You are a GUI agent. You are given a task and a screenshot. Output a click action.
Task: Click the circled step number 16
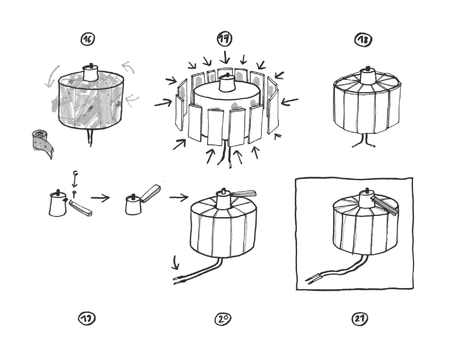tap(87, 39)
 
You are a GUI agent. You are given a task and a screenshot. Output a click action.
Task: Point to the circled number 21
tap(359, 319)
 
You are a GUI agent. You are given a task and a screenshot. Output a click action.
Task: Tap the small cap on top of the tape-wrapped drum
tap(90, 72)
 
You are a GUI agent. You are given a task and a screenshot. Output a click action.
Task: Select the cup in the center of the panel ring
tap(228, 83)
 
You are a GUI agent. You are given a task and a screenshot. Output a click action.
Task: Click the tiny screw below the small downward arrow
tap(74, 193)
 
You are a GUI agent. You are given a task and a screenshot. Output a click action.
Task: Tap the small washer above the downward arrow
tap(75, 172)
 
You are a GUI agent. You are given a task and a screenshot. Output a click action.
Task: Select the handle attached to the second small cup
tap(150, 192)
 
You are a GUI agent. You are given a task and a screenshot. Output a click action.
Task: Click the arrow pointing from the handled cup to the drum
tap(179, 197)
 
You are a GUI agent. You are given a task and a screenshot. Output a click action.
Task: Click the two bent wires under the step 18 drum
tap(362, 141)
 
